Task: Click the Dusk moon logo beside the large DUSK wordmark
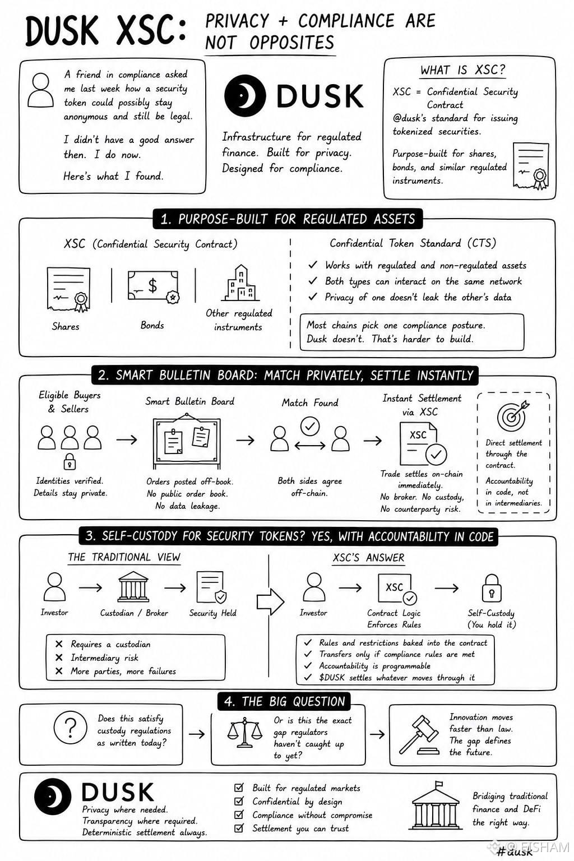tap(245, 96)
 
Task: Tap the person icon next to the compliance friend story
tap(40, 90)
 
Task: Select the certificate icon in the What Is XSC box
tap(531, 166)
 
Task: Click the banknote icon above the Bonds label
tap(154, 286)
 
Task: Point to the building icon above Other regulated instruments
tap(240, 283)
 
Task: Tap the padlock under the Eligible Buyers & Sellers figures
tap(70, 462)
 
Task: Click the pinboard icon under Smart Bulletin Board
tap(187, 441)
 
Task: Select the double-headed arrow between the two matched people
tap(310, 446)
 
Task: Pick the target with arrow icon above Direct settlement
tap(513, 416)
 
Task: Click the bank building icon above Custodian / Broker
tap(133, 586)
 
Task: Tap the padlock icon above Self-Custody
tap(492, 588)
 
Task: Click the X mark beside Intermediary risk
tap(59, 658)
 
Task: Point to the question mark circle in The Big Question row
tap(71, 728)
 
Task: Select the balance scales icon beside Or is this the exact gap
tap(244, 733)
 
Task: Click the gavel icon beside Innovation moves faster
tap(420, 735)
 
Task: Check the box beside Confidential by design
tap(239, 801)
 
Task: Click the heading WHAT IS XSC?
tap(463, 70)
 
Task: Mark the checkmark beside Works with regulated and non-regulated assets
tap(313, 265)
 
